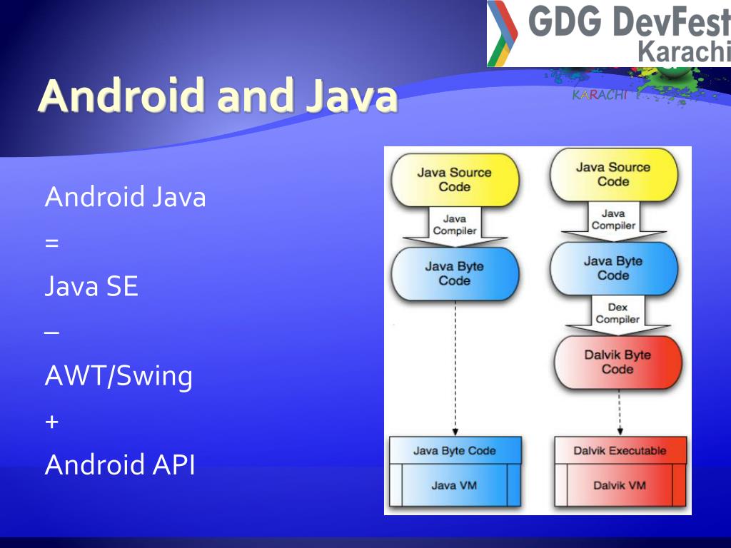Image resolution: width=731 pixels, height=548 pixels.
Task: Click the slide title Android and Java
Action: click(218, 96)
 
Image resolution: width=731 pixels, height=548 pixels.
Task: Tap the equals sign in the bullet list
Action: click(51, 243)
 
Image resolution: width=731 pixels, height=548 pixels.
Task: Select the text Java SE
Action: click(91, 287)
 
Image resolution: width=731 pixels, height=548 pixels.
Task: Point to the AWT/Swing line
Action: click(119, 376)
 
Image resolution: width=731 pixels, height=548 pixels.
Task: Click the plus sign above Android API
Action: click(51, 421)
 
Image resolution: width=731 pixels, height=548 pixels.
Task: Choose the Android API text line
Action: click(120, 465)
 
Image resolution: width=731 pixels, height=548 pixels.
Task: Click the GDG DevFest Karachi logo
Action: click(609, 34)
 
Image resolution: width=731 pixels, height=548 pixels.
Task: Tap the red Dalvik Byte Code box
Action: click(617, 362)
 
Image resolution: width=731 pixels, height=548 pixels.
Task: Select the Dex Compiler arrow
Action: click(617, 315)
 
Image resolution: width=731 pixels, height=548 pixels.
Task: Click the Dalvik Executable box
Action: click(620, 450)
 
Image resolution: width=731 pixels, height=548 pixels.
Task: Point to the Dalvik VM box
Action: click(620, 485)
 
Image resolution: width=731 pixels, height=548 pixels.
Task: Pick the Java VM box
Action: click(454, 485)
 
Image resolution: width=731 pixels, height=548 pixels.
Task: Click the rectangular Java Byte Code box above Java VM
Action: click(454, 450)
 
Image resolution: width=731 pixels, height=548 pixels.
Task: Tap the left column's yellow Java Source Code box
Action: click(454, 179)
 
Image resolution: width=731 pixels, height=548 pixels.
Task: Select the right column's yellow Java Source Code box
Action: click(613, 174)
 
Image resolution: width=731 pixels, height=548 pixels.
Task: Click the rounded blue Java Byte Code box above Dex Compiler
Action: click(613, 268)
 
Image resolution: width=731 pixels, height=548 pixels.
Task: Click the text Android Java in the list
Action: click(125, 196)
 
